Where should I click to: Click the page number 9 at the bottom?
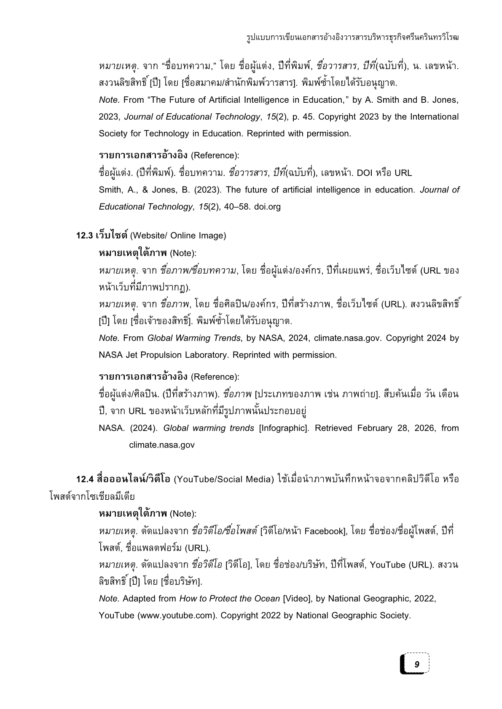tap(417, 665)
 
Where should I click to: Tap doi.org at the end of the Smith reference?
tap(267, 207)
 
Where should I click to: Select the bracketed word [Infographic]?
tap(284, 428)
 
